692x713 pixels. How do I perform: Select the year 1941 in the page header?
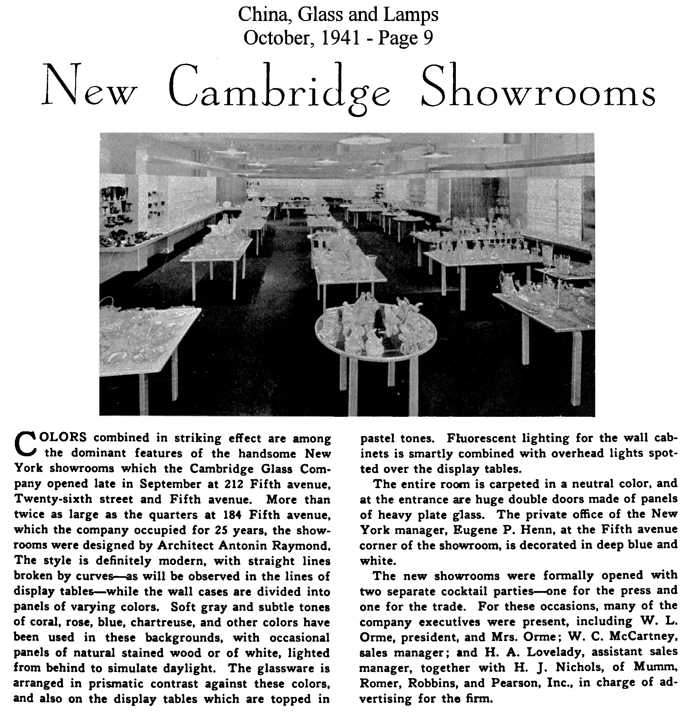pyautogui.click(x=341, y=37)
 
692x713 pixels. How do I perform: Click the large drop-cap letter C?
pyautogui.click(x=25, y=443)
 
